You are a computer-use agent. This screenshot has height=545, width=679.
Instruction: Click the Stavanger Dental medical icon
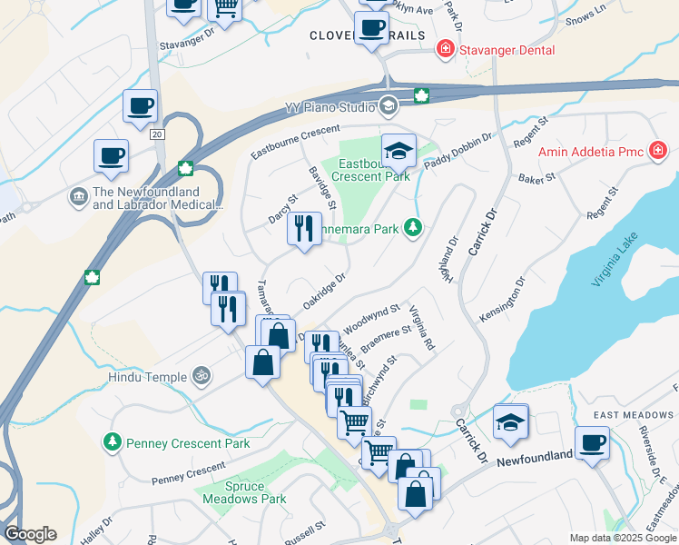click(446, 50)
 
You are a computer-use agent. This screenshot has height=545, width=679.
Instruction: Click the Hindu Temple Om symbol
click(202, 375)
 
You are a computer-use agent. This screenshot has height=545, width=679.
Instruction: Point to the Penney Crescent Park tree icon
click(112, 442)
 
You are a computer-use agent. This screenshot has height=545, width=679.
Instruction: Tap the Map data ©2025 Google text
click(623, 538)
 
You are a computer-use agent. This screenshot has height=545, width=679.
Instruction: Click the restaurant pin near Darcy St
click(304, 227)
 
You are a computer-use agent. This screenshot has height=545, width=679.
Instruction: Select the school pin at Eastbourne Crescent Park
click(398, 151)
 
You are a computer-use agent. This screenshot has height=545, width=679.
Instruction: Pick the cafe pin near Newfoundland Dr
click(592, 443)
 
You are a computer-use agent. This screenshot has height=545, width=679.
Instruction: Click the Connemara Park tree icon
click(413, 226)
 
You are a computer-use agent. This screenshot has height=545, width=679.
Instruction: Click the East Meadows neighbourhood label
click(635, 415)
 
